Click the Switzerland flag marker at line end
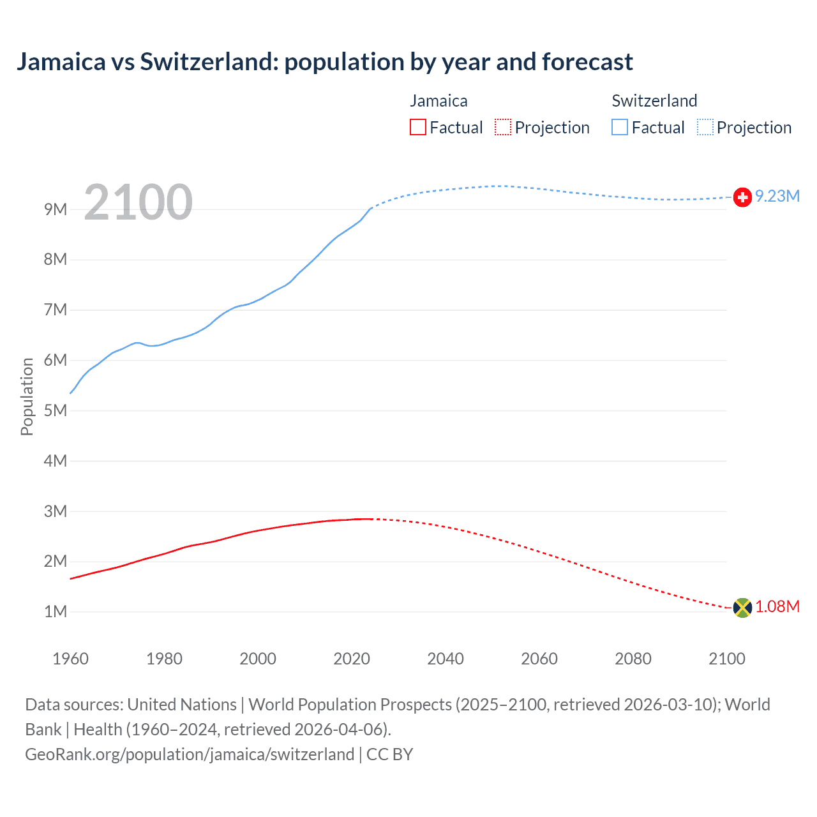click(742, 197)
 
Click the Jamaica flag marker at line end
click(742, 607)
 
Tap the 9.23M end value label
click(777, 196)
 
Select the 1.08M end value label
click(777, 606)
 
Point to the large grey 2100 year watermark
click(138, 202)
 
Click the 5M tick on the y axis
click(56, 410)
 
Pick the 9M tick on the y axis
click(56, 209)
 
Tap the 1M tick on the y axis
click(56, 611)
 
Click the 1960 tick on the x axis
click(70, 659)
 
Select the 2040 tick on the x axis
click(446, 659)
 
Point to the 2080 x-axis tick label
click(633, 659)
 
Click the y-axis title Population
click(27, 396)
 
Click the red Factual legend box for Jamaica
click(418, 128)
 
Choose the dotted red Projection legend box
click(503, 128)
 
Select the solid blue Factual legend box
click(620, 128)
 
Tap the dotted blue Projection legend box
click(705, 128)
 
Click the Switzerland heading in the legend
click(654, 101)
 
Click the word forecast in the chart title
click(587, 62)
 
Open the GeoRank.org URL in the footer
click(190, 754)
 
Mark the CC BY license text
click(389, 754)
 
